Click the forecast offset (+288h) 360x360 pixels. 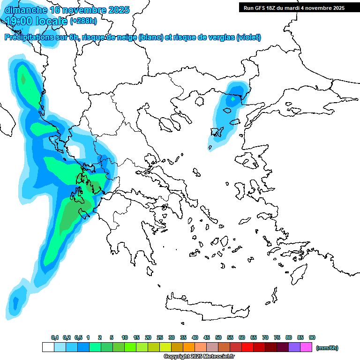pyautogui.click(x=84, y=21)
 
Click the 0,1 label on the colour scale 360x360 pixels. pyautogui.click(x=55, y=337)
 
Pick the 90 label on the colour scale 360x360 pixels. pyautogui.click(x=312, y=337)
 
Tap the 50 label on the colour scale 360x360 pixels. pyautogui.click(x=218, y=337)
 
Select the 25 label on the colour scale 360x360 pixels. pyautogui.click(x=160, y=337)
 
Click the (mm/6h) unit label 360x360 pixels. pyautogui.click(x=327, y=348)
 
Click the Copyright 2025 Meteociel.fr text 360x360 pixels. pyautogui.click(x=199, y=357)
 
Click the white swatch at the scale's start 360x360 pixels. pyautogui.click(x=48, y=347)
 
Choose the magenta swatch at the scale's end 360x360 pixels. pyautogui.click(x=306, y=347)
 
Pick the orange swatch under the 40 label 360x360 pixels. pyautogui.click(x=189, y=347)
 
